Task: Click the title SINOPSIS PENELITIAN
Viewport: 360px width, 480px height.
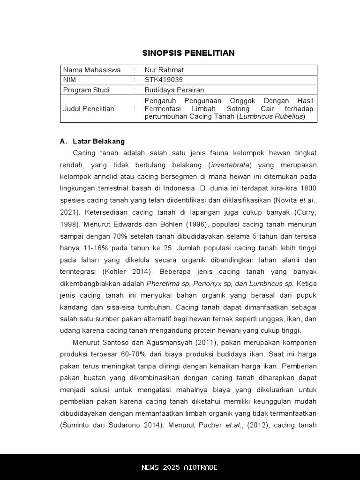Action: [x=188, y=53]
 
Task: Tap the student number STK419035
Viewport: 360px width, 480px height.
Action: [x=164, y=80]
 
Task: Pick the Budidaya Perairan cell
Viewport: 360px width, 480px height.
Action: [x=174, y=90]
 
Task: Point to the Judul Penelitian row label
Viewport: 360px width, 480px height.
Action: [x=89, y=109]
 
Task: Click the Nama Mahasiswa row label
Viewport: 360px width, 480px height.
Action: [x=92, y=70]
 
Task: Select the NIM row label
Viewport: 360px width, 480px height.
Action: [x=69, y=80]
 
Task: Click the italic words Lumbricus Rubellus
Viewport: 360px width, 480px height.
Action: [x=271, y=116]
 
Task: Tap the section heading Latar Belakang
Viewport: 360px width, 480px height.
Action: [x=98, y=141]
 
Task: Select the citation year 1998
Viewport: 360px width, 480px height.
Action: [x=68, y=224]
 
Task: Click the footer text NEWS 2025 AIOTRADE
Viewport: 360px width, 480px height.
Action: [x=180, y=467]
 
